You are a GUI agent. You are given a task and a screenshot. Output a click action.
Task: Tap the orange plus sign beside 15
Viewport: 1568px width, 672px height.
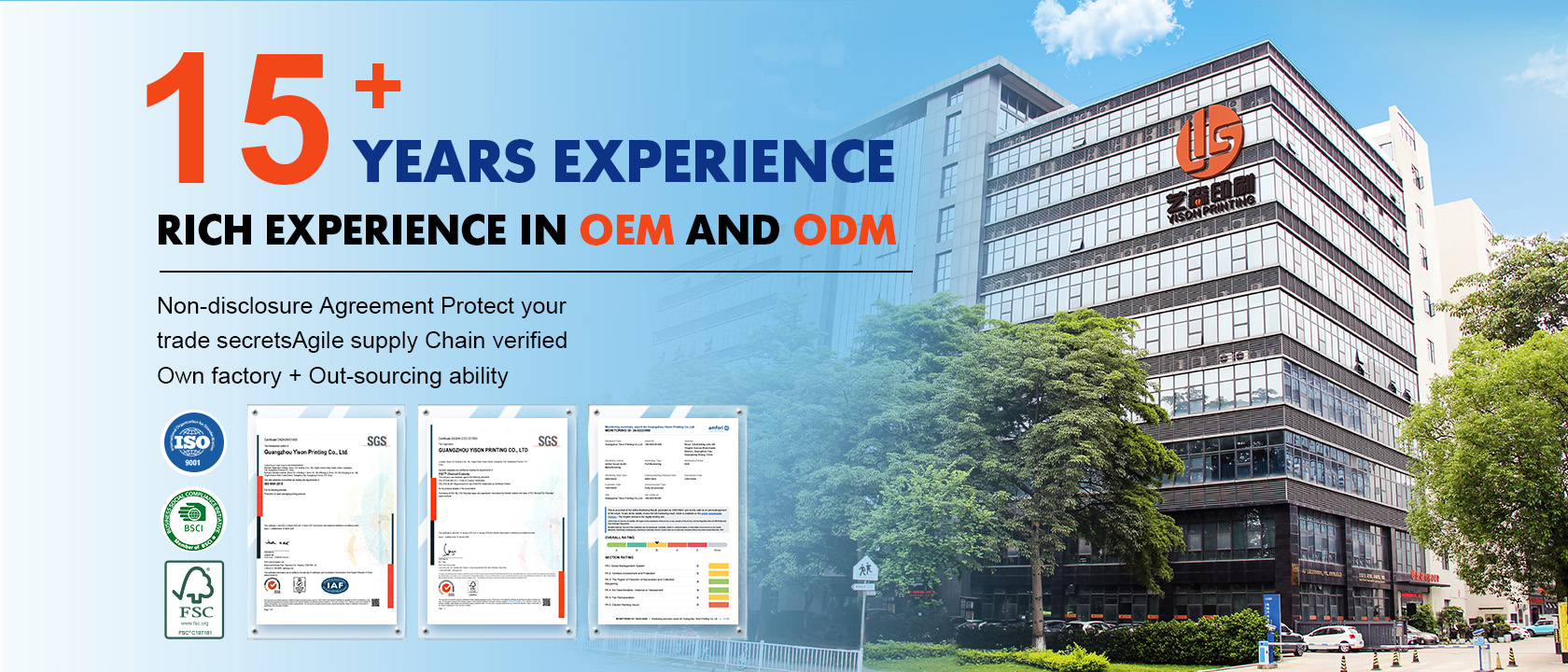(377, 83)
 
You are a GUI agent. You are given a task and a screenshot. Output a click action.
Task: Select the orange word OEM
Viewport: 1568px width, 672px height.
(626, 230)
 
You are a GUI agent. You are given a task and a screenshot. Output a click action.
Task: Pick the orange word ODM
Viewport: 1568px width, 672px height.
(845, 230)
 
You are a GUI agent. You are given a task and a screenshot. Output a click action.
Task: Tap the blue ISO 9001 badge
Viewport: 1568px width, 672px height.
(193, 442)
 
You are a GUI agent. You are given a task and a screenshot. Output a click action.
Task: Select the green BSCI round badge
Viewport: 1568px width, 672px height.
(193, 519)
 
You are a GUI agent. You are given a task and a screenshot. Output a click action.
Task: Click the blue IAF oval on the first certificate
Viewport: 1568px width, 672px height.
(335, 585)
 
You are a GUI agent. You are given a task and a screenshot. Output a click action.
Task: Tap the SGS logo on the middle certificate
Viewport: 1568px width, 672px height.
(548, 441)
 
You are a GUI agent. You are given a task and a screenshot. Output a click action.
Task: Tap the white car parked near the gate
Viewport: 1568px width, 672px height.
(1332, 638)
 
